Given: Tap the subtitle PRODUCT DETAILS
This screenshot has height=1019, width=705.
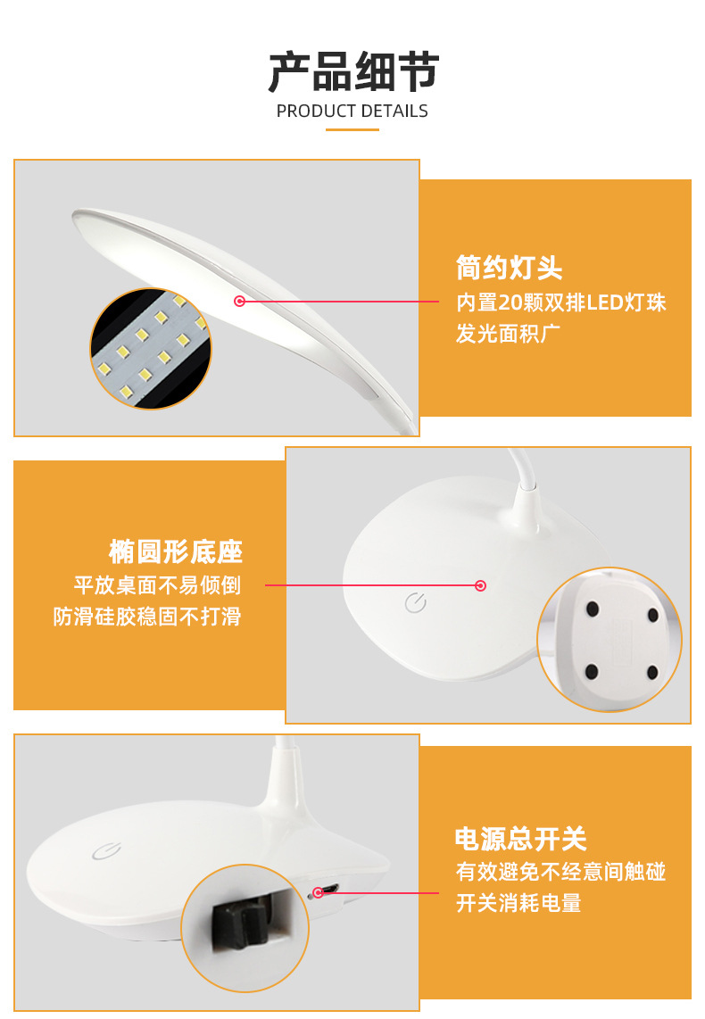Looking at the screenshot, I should click(x=352, y=112).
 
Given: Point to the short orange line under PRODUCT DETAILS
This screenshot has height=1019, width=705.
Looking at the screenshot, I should click(x=352, y=129).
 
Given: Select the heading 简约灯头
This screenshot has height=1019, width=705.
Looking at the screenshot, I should click(x=509, y=267).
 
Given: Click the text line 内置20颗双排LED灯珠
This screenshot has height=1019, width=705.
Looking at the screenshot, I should click(x=561, y=302).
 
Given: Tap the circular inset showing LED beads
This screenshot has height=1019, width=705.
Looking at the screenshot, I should click(x=151, y=349).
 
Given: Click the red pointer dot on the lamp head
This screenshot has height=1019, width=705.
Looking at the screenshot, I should click(x=239, y=302).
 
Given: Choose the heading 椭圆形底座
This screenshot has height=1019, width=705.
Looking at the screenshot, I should click(x=176, y=551).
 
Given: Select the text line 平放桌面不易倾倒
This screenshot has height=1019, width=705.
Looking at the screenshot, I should click(x=158, y=585).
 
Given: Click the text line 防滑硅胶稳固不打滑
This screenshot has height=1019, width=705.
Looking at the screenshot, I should click(x=147, y=617).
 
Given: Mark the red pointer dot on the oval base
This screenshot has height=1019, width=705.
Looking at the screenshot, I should click(x=480, y=585).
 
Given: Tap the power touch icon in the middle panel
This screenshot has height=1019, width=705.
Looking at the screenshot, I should click(x=415, y=603).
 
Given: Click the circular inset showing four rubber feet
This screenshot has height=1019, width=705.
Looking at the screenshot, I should click(x=610, y=640).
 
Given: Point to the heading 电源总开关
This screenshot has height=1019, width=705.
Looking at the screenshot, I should click(x=521, y=839).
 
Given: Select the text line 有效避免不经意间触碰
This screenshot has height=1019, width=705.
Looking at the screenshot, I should click(x=561, y=872).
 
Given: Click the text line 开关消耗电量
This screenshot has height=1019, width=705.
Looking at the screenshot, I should click(x=518, y=903).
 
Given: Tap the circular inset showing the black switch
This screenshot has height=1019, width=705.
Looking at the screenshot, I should click(x=245, y=928).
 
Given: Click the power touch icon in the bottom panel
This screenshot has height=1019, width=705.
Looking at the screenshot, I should click(x=104, y=850).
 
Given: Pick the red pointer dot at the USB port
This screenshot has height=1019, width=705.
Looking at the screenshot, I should click(x=318, y=892).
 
